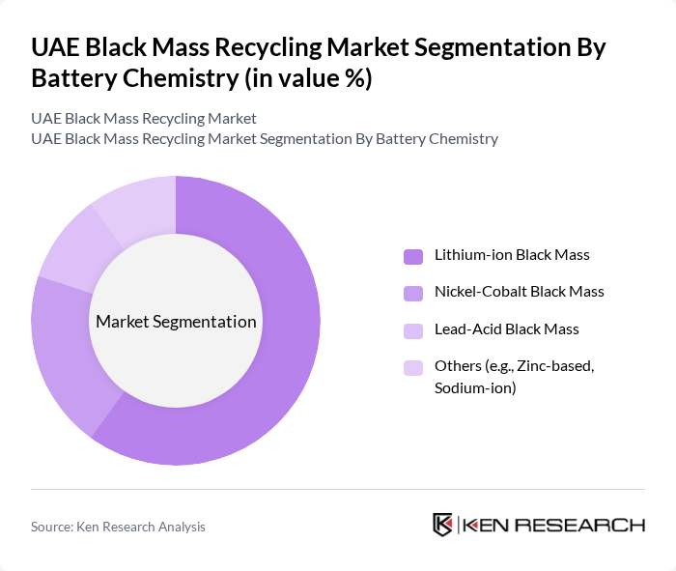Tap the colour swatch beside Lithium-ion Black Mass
tap(412, 256)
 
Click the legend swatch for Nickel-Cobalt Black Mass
tap(412, 293)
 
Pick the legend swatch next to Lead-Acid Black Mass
tap(412, 329)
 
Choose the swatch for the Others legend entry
tap(412, 367)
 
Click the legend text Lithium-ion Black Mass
tap(512, 255)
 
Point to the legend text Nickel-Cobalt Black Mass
tap(520, 292)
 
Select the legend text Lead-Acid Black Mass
tap(507, 328)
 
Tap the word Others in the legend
tap(457, 366)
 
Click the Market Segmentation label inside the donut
tap(176, 322)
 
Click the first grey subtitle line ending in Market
tap(144, 119)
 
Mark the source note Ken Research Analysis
tap(118, 527)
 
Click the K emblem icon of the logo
tap(442, 525)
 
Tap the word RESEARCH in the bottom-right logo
tap(592, 525)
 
